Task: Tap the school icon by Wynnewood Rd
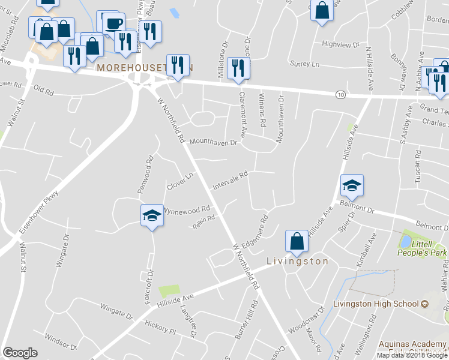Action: coord(152,215)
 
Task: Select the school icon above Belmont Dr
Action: coord(352,185)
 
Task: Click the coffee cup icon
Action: coord(113,23)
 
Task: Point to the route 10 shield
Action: coord(340,95)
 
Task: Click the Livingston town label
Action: coord(297,262)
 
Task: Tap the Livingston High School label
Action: coord(380,304)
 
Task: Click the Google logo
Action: coord(20,353)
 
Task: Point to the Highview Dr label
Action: coord(340,44)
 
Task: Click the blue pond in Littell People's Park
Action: coord(405,241)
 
